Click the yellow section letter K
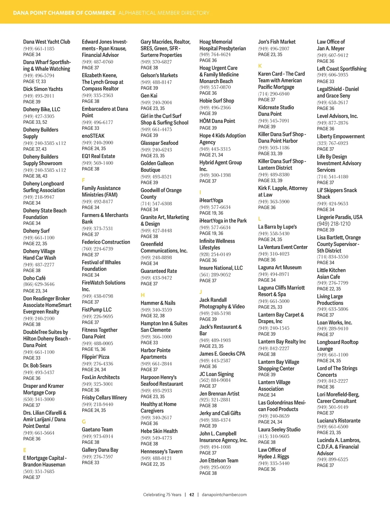pos(260,66)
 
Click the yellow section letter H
pos(142,295)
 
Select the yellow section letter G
pos(84,421)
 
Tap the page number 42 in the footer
pos(192,495)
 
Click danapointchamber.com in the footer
pos(224,495)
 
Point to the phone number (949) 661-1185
pos(39,48)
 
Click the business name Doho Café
pos(34,278)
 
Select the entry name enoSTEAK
pos(93,136)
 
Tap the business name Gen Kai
pos(149,95)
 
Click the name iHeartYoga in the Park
pos(223,221)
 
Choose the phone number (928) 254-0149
pos(215,254)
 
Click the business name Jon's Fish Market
pos(277,42)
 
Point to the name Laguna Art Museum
pos(280,267)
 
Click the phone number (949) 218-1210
pos(334,224)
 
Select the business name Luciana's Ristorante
pos(339,420)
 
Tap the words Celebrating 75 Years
pos(162,495)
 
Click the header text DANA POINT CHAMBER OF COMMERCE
pos(64,13)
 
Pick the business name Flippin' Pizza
pos(96,357)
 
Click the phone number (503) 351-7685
pos(39,471)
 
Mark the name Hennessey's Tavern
pos(162,451)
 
